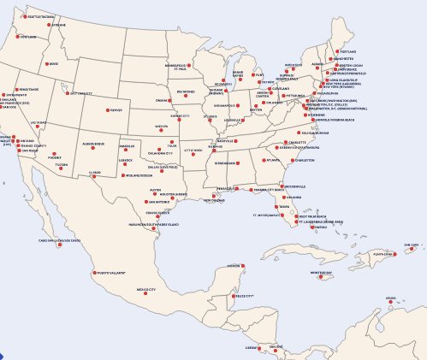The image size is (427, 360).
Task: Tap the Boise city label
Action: [x=54, y=63]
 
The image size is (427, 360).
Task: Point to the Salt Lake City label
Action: [x=80, y=93]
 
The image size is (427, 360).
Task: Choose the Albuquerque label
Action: [x=93, y=145]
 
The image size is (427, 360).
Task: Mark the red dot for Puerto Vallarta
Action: [x=93, y=272]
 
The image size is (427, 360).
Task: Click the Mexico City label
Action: [x=147, y=290]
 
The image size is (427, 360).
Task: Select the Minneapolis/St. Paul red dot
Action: [x=193, y=65]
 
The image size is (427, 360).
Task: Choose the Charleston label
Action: [x=305, y=160]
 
